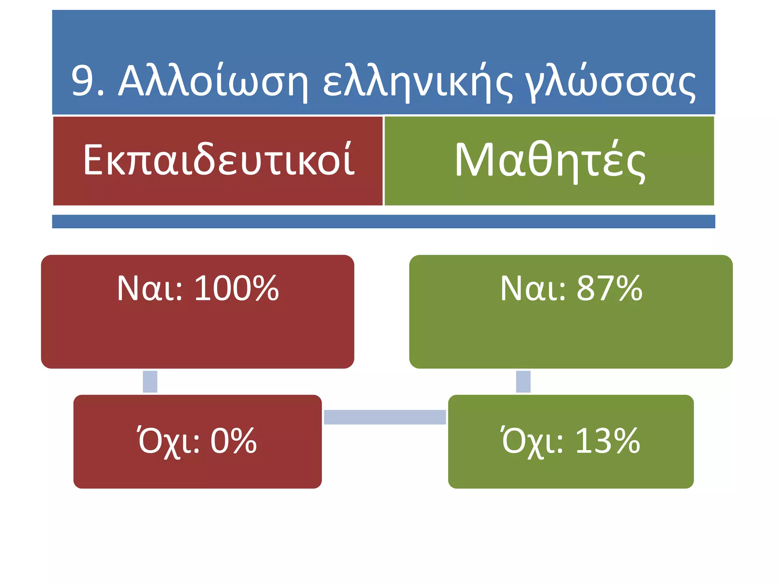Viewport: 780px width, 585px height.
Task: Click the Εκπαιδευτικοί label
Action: coord(219,160)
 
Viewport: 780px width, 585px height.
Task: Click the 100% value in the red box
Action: coord(237,288)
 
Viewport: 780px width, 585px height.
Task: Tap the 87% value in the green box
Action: coord(610,288)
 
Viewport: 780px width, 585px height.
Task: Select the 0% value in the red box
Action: coord(233,441)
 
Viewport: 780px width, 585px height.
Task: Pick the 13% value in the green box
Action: coord(608,441)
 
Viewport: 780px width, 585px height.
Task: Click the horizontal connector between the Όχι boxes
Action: coord(385,417)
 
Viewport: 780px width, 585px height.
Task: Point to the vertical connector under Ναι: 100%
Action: coord(150,381)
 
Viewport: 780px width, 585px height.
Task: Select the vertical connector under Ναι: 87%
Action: coord(523,381)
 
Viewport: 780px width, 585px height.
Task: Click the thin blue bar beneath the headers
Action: coord(384,221)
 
